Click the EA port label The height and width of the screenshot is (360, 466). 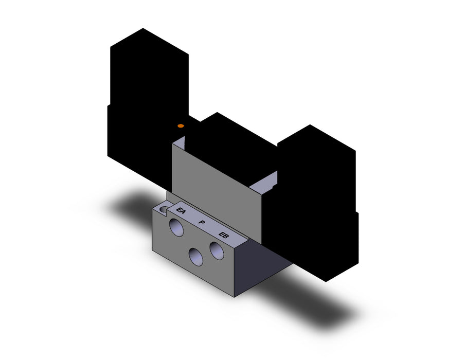point(181,211)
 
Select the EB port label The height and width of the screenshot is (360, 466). point(224,235)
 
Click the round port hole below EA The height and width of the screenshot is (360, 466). point(176,227)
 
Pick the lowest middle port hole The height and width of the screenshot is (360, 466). point(196,257)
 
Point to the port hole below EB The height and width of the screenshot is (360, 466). point(217,250)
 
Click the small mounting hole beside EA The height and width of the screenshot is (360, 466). point(164,209)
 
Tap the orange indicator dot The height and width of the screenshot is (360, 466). point(181,126)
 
